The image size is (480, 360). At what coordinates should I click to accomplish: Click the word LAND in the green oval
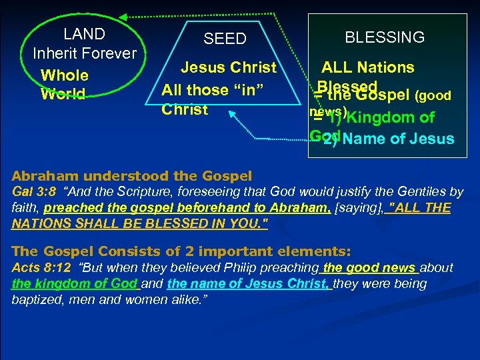pyautogui.click(x=84, y=34)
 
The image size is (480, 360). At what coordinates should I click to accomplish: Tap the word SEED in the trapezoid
pyautogui.click(x=225, y=39)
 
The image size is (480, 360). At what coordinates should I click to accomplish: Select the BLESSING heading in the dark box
pyautogui.click(x=384, y=37)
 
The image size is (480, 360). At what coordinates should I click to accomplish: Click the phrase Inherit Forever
pyautogui.click(x=84, y=53)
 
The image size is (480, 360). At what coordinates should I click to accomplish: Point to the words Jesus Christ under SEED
pyautogui.click(x=229, y=67)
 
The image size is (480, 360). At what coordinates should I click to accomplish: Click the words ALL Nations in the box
pyautogui.click(x=367, y=67)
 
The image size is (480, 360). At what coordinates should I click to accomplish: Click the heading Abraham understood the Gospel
pyautogui.click(x=132, y=177)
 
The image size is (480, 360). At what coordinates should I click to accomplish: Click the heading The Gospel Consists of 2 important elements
pyautogui.click(x=181, y=251)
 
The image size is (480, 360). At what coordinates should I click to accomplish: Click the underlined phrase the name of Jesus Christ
pyautogui.click(x=249, y=283)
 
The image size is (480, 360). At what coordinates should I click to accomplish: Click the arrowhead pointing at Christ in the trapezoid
pyautogui.click(x=234, y=115)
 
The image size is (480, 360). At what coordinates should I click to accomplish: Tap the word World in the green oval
pyautogui.click(x=63, y=94)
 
